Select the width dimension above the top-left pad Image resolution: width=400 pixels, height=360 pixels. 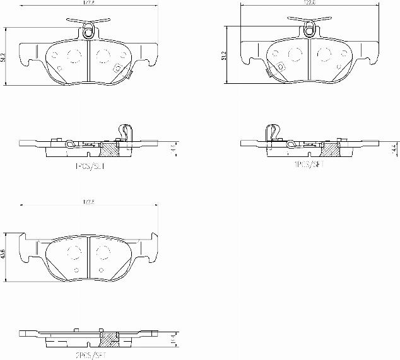(88, 4)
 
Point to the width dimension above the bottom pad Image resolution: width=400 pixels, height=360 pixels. (88, 202)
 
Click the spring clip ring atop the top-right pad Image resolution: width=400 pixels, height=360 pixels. (309, 27)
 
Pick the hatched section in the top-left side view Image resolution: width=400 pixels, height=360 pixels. (110, 149)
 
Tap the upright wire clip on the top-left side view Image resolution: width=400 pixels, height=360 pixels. (125, 133)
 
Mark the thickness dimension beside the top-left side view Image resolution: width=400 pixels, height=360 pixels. (173, 149)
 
